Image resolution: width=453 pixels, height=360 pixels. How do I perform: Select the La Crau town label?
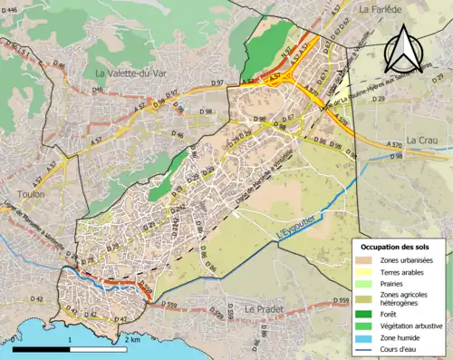(422, 140)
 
